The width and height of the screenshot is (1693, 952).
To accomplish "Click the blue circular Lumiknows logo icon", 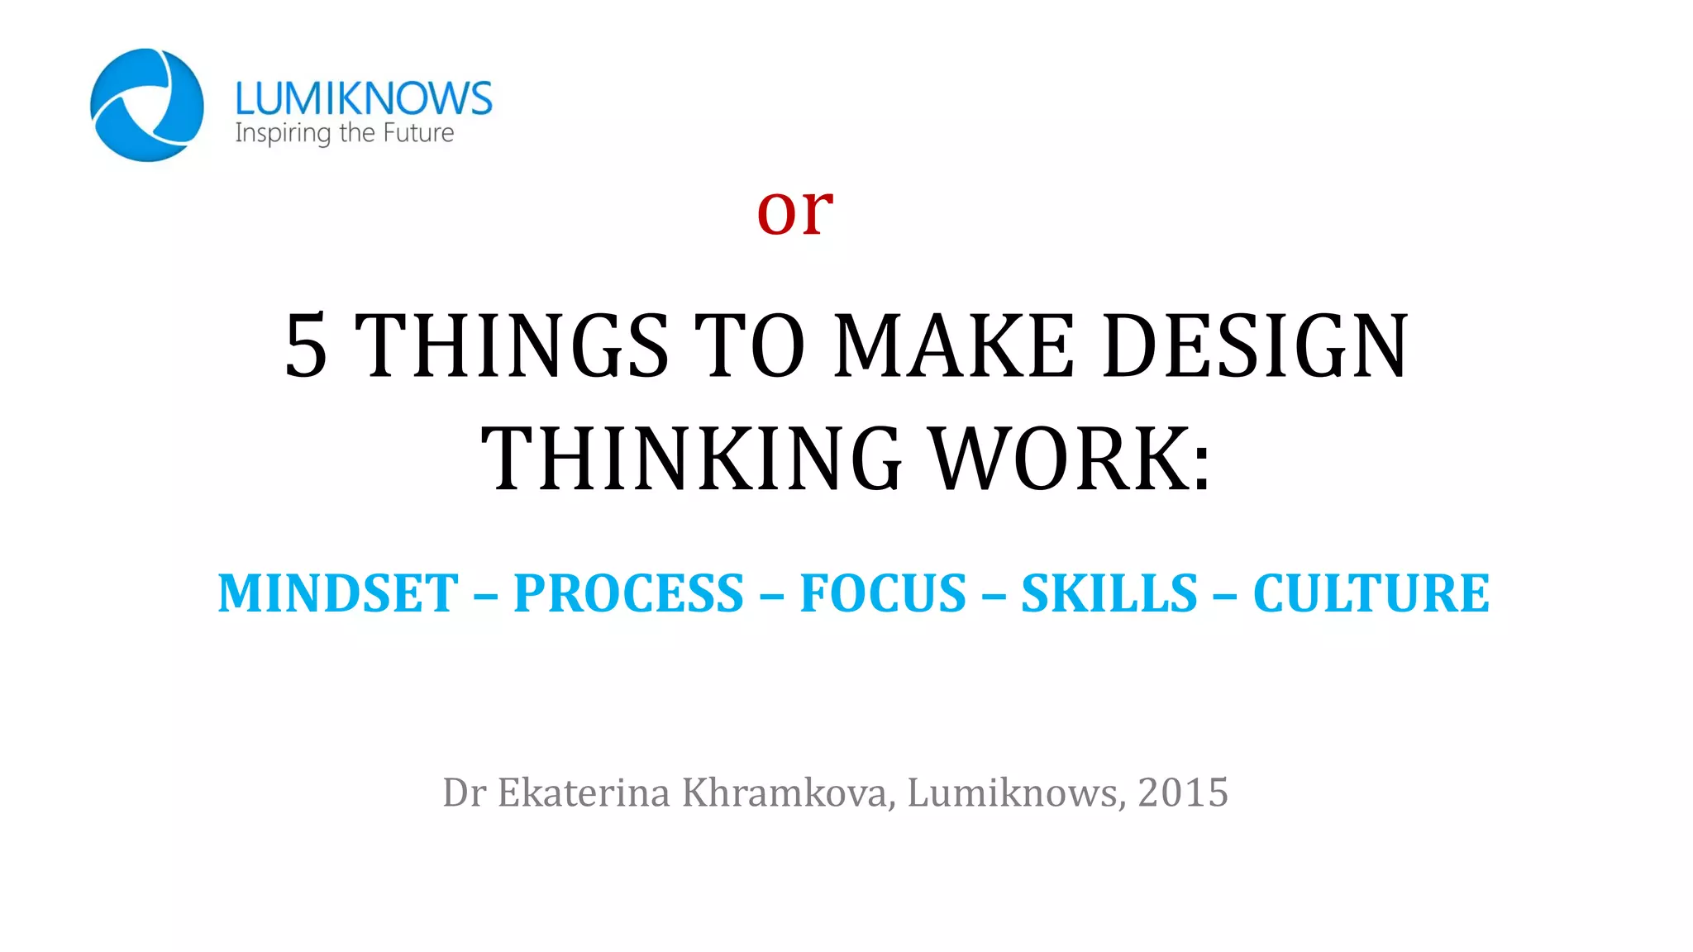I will click(x=146, y=105).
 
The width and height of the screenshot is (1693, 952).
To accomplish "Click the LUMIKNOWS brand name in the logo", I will click(x=363, y=98).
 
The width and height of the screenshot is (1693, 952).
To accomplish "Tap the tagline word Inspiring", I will click(x=282, y=133).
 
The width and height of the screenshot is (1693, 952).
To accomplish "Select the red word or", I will click(x=794, y=210).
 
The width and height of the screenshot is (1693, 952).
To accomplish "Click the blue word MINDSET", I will click(x=338, y=593).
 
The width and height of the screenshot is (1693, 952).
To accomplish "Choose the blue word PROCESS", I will click(x=628, y=593).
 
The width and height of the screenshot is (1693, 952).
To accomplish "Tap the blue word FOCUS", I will click(x=883, y=593).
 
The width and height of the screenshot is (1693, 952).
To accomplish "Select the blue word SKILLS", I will click(x=1109, y=593).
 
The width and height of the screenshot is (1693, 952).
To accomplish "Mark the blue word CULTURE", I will click(x=1371, y=593).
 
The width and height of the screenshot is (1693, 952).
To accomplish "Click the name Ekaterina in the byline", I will click(x=584, y=793).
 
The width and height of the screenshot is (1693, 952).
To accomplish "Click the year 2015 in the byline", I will click(x=1183, y=793).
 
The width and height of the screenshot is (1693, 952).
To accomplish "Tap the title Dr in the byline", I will click(x=464, y=793).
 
